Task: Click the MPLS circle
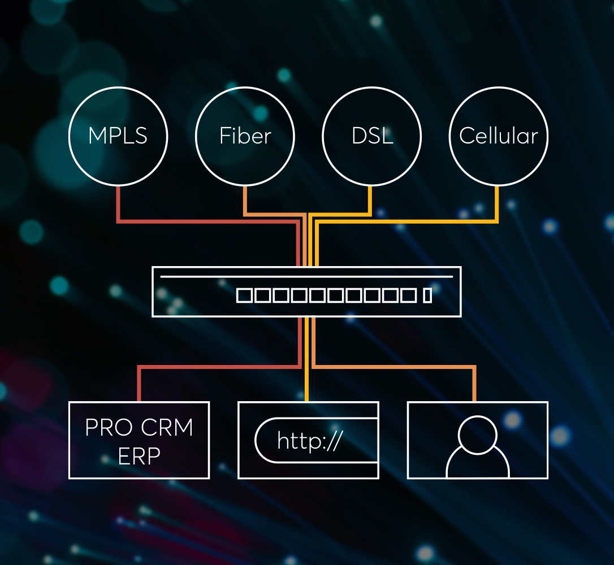pyautogui.click(x=118, y=136)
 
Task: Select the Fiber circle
pyautogui.click(x=245, y=136)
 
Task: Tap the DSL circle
pyautogui.click(x=371, y=136)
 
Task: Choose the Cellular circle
pyautogui.click(x=498, y=136)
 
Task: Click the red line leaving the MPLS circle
pyautogui.click(x=118, y=203)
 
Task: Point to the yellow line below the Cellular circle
pyautogui.click(x=498, y=203)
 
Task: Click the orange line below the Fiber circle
pyautogui.click(x=245, y=200)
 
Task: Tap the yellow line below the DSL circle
pyautogui.click(x=371, y=200)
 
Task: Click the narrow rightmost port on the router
pyautogui.click(x=427, y=295)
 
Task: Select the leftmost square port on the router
pyautogui.click(x=243, y=295)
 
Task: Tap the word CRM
pyautogui.click(x=167, y=428)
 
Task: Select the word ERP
pyautogui.click(x=139, y=455)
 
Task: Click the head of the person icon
pyautogui.click(x=478, y=433)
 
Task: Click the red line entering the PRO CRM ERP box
pyautogui.click(x=139, y=384)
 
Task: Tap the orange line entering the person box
pyautogui.click(x=474, y=384)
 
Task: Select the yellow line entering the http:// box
pyautogui.click(x=307, y=384)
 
